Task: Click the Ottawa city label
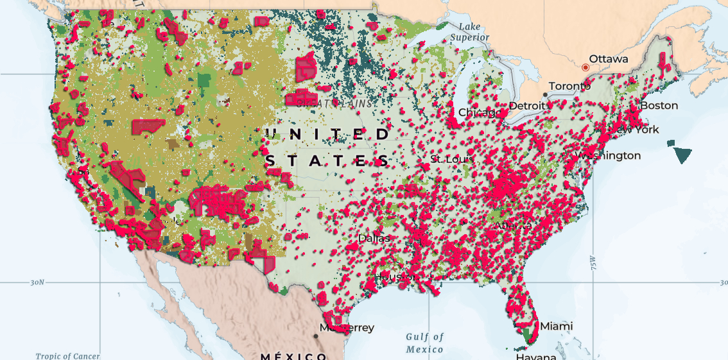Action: tap(609, 59)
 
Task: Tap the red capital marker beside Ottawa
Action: tap(585, 67)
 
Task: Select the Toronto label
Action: tap(569, 86)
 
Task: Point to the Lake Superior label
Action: tap(470, 32)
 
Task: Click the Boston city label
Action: tap(659, 105)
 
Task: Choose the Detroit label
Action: tap(526, 105)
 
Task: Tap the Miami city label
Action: tap(556, 326)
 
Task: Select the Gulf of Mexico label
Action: tap(424, 343)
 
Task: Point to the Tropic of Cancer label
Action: tap(67, 356)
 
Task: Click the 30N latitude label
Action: tap(37, 282)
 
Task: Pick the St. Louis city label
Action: tap(452, 159)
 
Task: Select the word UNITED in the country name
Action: tap(327, 134)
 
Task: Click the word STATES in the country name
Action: tap(327, 160)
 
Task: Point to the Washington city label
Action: tap(611, 155)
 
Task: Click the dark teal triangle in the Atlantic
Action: tap(682, 154)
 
